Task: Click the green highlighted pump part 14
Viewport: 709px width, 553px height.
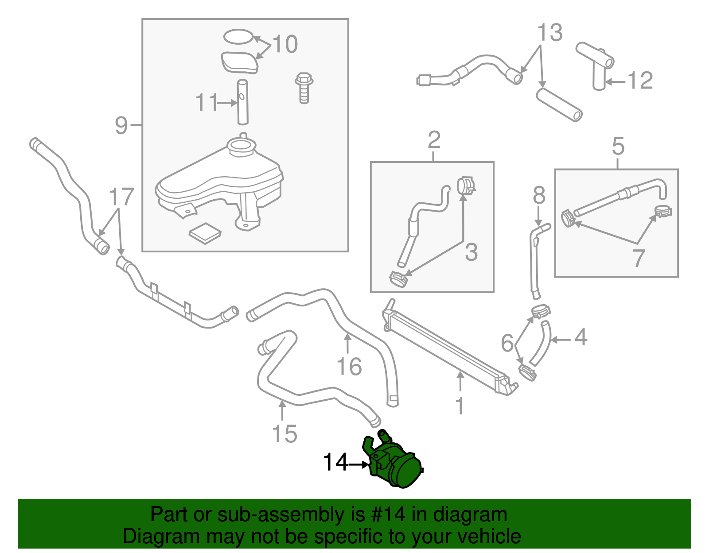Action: pyautogui.click(x=394, y=465)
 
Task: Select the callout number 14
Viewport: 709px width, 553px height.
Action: pyautogui.click(x=335, y=463)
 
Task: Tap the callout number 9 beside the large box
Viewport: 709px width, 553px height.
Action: pyautogui.click(x=121, y=126)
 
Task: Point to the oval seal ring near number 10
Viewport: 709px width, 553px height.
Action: pyautogui.click(x=239, y=37)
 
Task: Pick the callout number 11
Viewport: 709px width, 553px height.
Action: pyautogui.click(x=207, y=103)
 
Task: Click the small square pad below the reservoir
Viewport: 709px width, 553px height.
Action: pyautogui.click(x=205, y=233)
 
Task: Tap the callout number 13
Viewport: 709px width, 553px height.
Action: pyautogui.click(x=550, y=33)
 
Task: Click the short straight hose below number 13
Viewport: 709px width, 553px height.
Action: pyautogui.click(x=559, y=104)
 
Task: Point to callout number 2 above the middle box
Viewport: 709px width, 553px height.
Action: pyautogui.click(x=434, y=140)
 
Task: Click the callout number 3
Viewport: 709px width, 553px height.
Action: pyautogui.click(x=471, y=252)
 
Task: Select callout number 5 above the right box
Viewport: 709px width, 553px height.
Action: pyautogui.click(x=618, y=146)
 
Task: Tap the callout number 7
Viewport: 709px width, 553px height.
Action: pyautogui.click(x=639, y=258)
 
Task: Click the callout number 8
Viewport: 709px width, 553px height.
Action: pyautogui.click(x=539, y=195)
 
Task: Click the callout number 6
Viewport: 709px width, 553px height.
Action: pyautogui.click(x=507, y=343)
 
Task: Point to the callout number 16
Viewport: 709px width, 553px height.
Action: pyautogui.click(x=349, y=367)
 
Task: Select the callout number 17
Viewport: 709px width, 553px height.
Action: pyautogui.click(x=121, y=197)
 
